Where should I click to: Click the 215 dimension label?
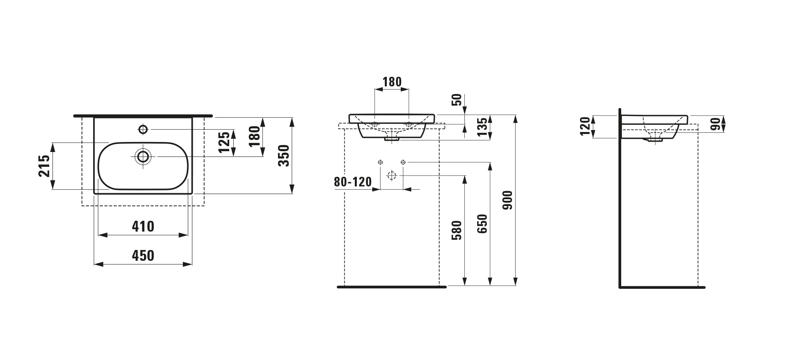pyautogui.click(x=44, y=166)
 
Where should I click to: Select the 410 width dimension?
pyautogui.click(x=143, y=227)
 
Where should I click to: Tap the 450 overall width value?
pyautogui.click(x=143, y=256)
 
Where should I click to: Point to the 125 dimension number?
pyautogui.click(x=224, y=142)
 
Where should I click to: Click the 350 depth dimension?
pyautogui.click(x=283, y=156)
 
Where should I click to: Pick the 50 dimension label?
pyautogui.click(x=457, y=100)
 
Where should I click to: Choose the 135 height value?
pyautogui.click(x=483, y=127)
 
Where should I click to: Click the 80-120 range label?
pyautogui.click(x=353, y=182)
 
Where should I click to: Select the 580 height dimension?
pyautogui.click(x=457, y=230)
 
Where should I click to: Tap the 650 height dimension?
pyautogui.click(x=482, y=224)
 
